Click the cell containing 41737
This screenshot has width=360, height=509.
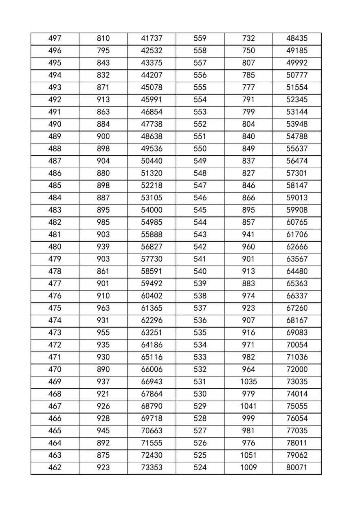pos(151,39)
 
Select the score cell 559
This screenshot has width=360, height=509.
pos(200,39)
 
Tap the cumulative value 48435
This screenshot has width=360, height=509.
pos(297,39)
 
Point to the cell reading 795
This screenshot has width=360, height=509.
pos(103,51)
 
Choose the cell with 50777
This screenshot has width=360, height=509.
pos(297,75)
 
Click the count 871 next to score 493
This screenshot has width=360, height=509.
pos(103,88)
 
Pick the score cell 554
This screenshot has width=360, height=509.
pos(200,100)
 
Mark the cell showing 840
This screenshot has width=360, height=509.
pos(248,136)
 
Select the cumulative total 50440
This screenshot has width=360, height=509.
pos(151,161)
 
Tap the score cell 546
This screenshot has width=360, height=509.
pos(200,198)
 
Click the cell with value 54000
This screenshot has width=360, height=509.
pos(151,210)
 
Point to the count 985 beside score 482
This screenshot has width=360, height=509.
pos(103,222)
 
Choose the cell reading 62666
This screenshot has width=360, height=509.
pos(297,247)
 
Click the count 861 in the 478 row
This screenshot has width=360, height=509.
pos(103,271)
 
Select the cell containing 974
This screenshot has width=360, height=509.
pos(248,296)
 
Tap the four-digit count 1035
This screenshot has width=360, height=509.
pos(248,382)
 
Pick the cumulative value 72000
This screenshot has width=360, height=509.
pos(297,369)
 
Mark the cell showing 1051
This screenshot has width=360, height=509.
pos(248,455)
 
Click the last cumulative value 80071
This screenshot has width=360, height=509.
pos(297,467)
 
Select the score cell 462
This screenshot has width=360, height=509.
pos(55,467)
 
